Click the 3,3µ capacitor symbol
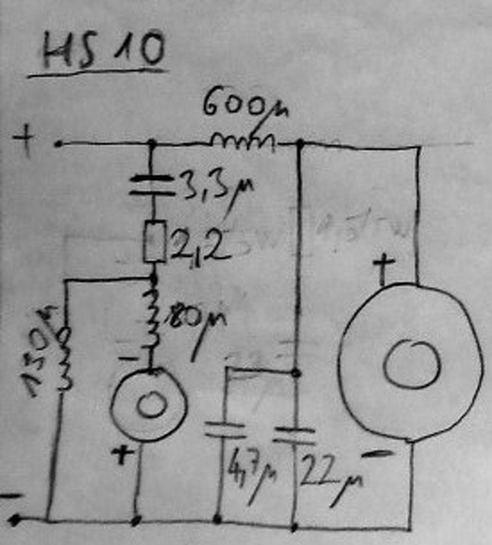click(x=152, y=186)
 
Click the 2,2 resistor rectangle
click(x=154, y=241)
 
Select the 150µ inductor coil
click(x=64, y=358)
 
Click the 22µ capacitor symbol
click(x=294, y=435)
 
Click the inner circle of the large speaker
click(x=411, y=364)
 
